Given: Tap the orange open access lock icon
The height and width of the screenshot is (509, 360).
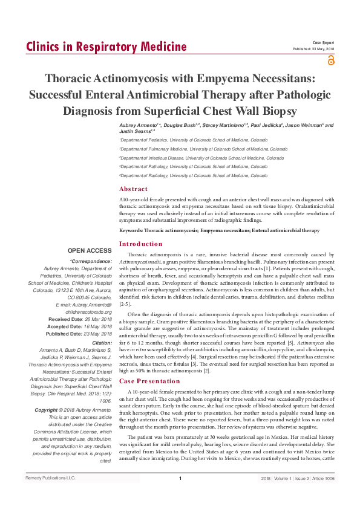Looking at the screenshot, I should (330, 60).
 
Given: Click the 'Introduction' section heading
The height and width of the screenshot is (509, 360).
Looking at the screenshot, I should (141, 244).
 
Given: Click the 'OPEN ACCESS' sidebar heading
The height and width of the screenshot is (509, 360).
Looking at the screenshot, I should (90, 250).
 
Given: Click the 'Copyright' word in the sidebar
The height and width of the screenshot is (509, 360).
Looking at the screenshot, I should (50, 410).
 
